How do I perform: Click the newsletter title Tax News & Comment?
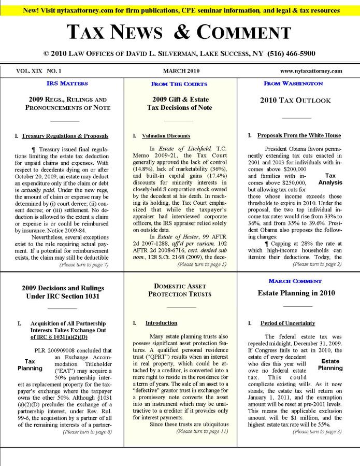click(180, 33)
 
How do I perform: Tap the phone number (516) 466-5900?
click(291, 53)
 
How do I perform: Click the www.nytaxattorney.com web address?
click(311, 71)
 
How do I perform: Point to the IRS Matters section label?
click(67, 83)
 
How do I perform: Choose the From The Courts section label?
click(179, 83)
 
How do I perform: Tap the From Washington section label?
click(293, 83)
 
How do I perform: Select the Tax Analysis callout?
click(330, 179)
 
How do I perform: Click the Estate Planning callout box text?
click(330, 364)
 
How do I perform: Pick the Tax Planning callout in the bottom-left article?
click(30, 364)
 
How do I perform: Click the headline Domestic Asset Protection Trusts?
click(180, 290)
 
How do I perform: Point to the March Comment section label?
click(295, 281)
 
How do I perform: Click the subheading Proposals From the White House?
click(299, 136)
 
